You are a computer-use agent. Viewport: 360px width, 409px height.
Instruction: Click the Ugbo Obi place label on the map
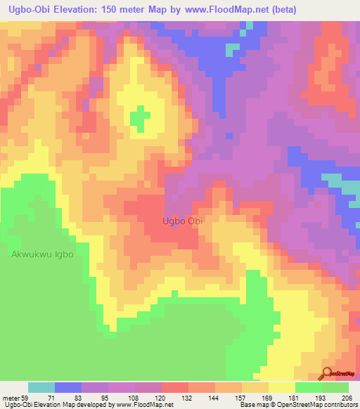183,221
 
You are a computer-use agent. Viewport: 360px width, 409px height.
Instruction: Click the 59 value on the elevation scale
28,398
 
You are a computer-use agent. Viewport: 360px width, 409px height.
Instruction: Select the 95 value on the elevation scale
108,398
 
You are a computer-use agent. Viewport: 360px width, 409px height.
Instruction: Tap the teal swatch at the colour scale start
41,387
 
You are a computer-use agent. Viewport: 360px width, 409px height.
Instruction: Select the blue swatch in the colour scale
68,387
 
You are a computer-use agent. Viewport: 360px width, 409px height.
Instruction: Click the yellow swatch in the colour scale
281,387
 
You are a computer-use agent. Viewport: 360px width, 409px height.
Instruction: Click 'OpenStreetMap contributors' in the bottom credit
307,405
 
